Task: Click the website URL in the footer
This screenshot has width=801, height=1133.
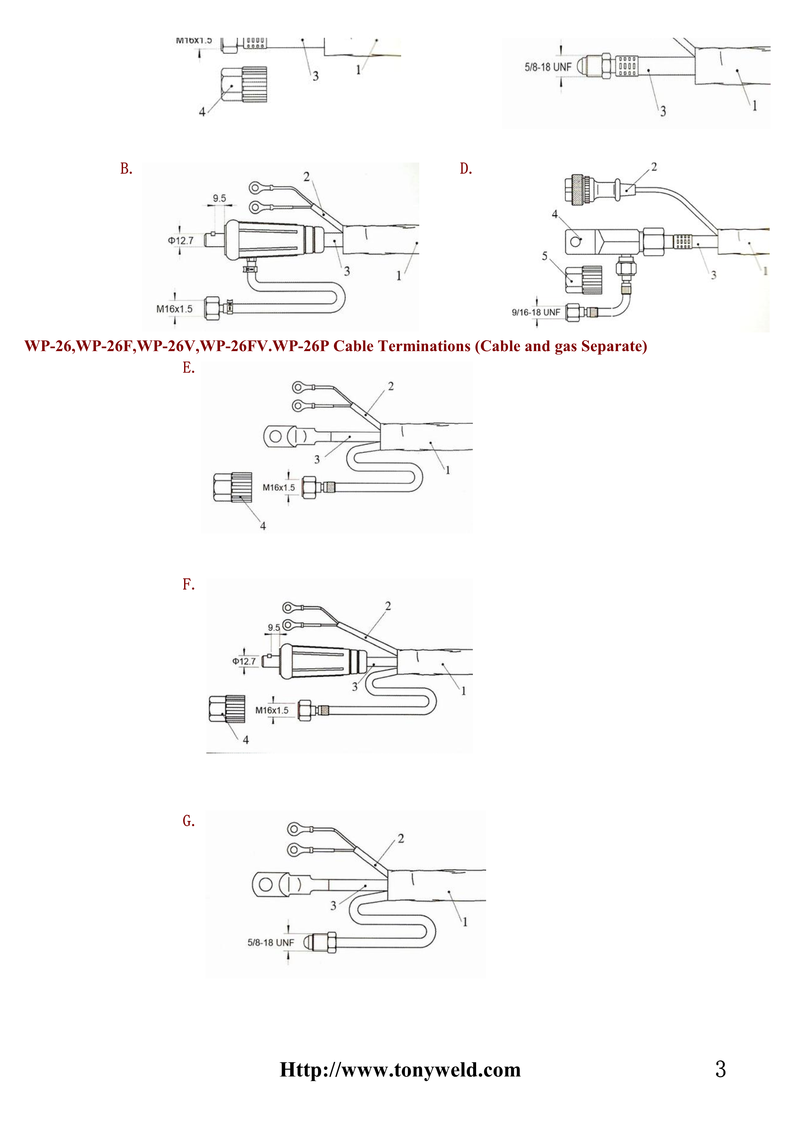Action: pyautogui.click(x=400, y=1070)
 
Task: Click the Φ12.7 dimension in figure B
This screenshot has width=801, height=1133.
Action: pyautogui.click(x=181, y=241)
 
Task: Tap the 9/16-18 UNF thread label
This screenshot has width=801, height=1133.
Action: pyautogui.click(x=536, y=312)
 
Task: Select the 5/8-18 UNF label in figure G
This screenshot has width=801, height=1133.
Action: pyautogui.click(x=270, y=942)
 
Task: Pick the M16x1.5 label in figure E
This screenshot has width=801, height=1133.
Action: pyautogui.click(x=279, y=488)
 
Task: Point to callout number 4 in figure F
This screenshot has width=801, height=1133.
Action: pyautogui.click(x=245, y=739)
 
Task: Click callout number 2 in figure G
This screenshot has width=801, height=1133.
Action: pyautogui.click(x=401, y=838)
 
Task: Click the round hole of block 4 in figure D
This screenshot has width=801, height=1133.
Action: pyautogui.click(x=575, y=242)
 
